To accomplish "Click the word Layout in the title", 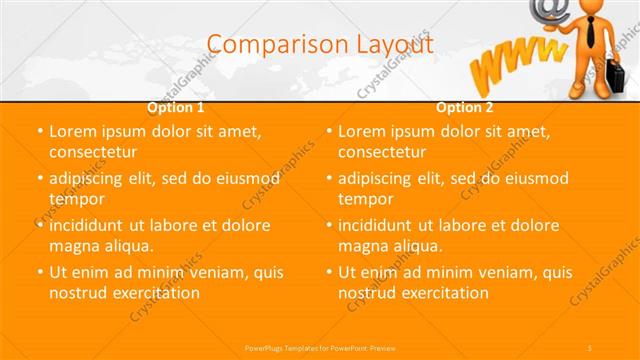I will tap(392, 43).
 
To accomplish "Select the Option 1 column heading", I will tap(176, 107).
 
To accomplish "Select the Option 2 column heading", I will tap(464, 107).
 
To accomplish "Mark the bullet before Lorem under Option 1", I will tap(39, 131).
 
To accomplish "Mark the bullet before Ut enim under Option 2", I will tap(328, 272).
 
